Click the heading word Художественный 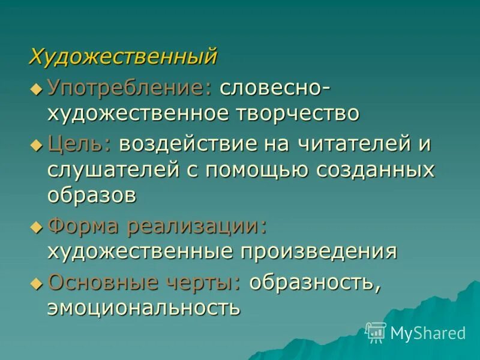(123, 57)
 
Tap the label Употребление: (130, 89)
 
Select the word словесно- (274, 89)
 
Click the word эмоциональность (144, 307)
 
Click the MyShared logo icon (376, 332)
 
